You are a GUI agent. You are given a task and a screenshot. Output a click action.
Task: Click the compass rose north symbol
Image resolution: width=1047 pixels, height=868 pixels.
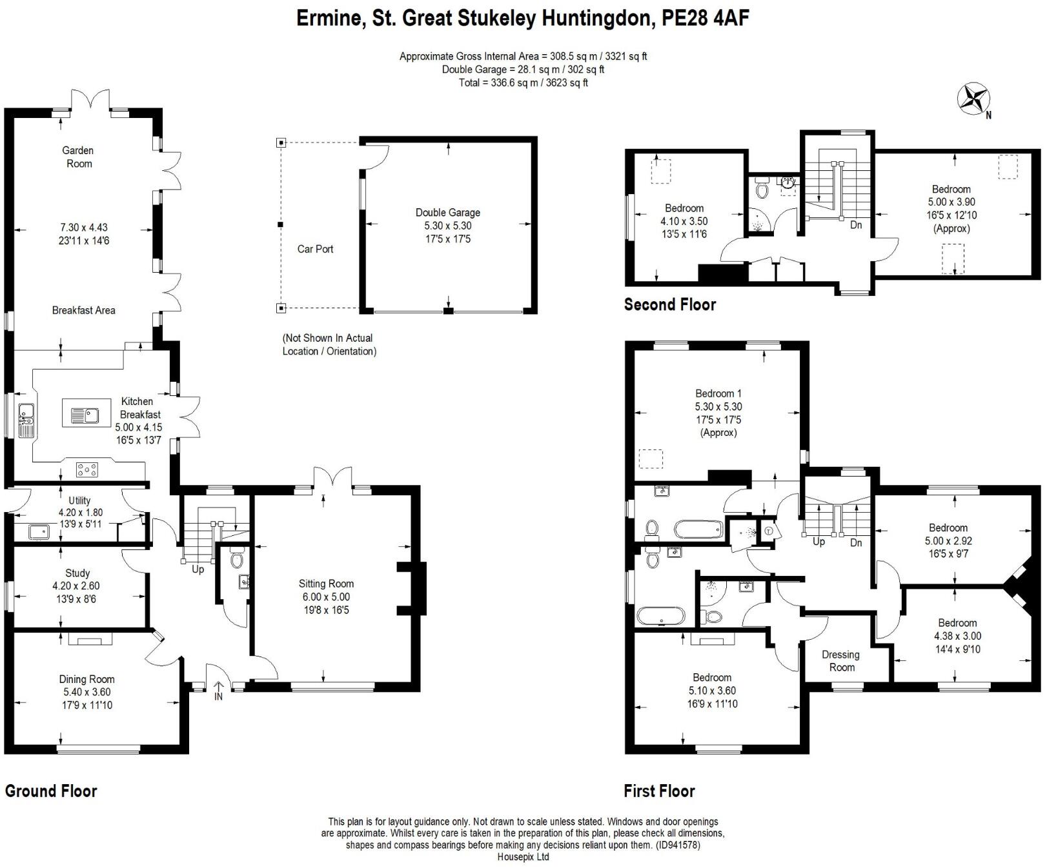(x=973, y=99)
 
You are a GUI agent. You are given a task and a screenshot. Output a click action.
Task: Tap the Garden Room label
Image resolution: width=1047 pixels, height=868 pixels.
(x=77, y=157)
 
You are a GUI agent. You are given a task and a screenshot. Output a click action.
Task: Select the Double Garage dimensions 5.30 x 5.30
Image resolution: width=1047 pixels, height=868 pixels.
(x=447, y=226)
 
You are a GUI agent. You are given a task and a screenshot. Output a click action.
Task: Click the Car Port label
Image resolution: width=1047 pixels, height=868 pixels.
(x=315, y=249)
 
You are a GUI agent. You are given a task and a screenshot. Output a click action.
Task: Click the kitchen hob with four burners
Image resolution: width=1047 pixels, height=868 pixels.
(x=87, y=470)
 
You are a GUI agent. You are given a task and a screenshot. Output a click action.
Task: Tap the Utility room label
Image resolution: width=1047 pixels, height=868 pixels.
(x=79, y=500)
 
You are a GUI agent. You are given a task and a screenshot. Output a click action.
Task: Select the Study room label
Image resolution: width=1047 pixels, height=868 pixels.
(x=77, y=573)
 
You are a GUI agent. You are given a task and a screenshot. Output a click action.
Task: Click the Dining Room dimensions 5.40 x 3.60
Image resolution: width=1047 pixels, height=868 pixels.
(x=86, y=692)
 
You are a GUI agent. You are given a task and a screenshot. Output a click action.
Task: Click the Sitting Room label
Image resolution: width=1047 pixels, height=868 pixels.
(x=326, y=584)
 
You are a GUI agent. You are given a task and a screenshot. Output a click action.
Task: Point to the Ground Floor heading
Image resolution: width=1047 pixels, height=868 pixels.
(x=51, y=791)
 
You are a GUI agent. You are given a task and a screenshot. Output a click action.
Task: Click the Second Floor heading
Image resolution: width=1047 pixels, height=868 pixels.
(x=670, y=304)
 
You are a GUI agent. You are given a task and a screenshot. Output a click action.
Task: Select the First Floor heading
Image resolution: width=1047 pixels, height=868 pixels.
(x=659, y=791)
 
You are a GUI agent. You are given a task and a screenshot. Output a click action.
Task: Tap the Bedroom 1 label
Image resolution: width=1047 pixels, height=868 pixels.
(x=718, y=393)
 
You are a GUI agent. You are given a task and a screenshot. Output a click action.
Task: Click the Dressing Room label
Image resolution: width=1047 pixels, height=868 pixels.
(x=840, y=661)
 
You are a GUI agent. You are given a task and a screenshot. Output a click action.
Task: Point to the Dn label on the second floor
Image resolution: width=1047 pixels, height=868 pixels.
(x=856, y=225)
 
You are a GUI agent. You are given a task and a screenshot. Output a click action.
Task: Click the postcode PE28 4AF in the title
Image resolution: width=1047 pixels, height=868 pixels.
(x=706, y=17)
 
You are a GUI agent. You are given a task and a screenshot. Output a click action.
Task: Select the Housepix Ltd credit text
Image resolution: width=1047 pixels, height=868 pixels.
(x=523, y=856)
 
